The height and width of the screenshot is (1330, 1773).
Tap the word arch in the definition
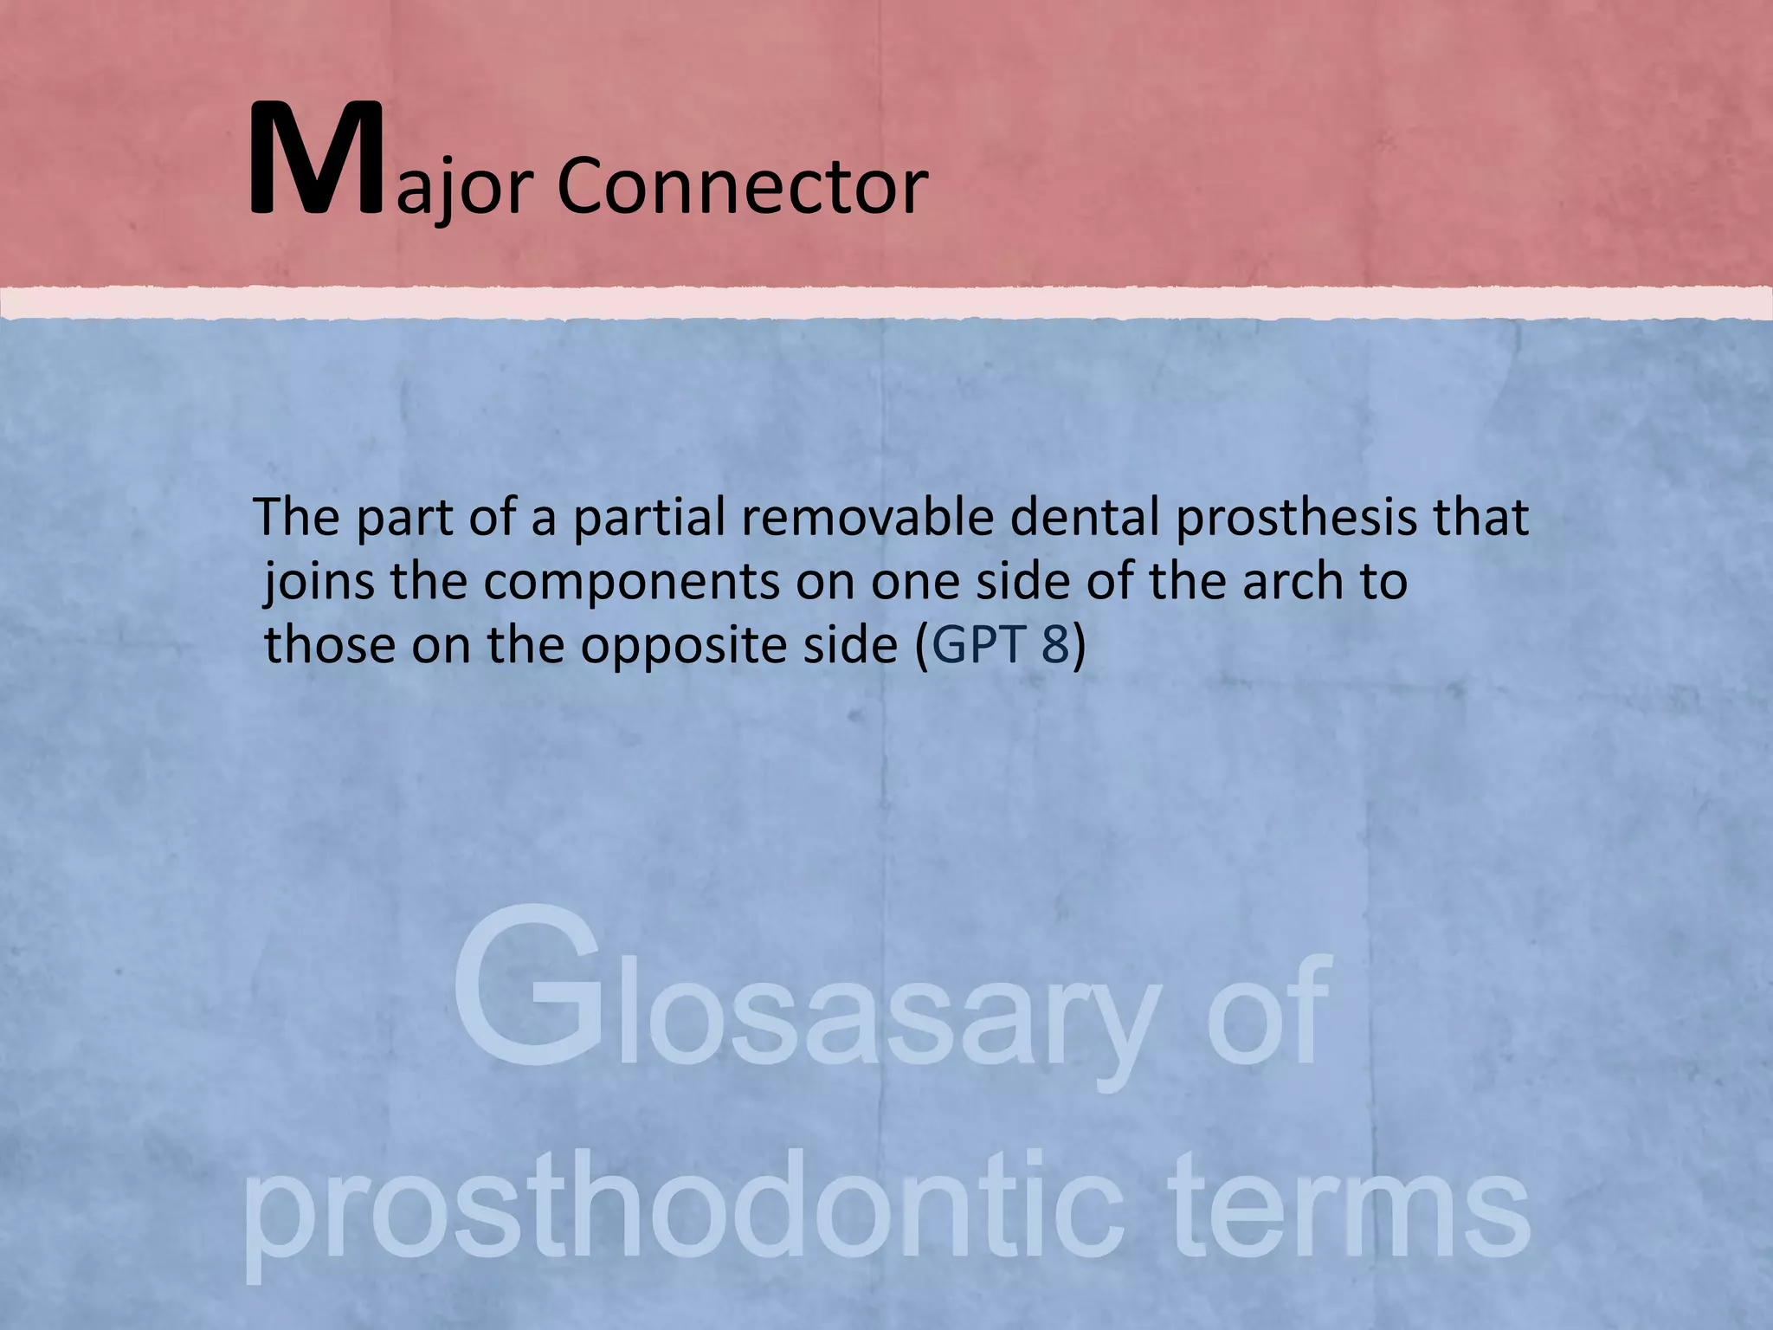point(1291,582)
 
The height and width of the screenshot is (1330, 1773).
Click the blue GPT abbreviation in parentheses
point(977,646)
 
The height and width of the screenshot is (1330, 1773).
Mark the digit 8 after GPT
point(1055,646)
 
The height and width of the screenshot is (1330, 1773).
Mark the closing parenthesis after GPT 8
point(1078,646)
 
